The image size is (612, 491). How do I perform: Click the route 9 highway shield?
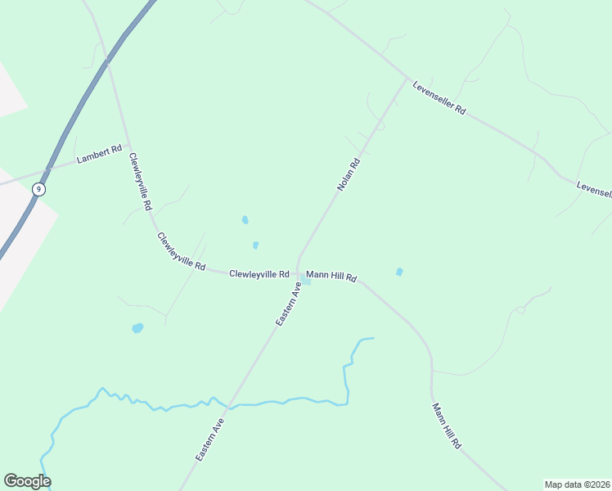(x=38, y=189)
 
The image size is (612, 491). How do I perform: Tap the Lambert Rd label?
(x=99, y=154)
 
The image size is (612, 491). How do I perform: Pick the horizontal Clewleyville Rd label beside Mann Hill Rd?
(x=259, y=274)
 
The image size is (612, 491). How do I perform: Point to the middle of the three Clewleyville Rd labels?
(x=181, y=251)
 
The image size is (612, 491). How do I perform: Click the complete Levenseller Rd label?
(x=439, y=97)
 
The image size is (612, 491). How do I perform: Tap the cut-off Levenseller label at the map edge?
(x=593, y=189)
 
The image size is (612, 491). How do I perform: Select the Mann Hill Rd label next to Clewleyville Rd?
(x=331, y=277)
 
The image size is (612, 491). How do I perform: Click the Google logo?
(x=27, y=481)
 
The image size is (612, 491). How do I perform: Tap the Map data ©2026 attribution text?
(x=576, y=484)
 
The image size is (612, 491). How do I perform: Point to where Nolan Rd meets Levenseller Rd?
(x=407, y=79)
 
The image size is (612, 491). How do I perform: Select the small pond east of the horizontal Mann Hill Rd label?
(x=399, y=272)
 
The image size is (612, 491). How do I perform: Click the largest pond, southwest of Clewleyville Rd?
(x=137, y=328)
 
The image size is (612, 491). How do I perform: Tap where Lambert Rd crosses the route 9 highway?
(x=49, y=169)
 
